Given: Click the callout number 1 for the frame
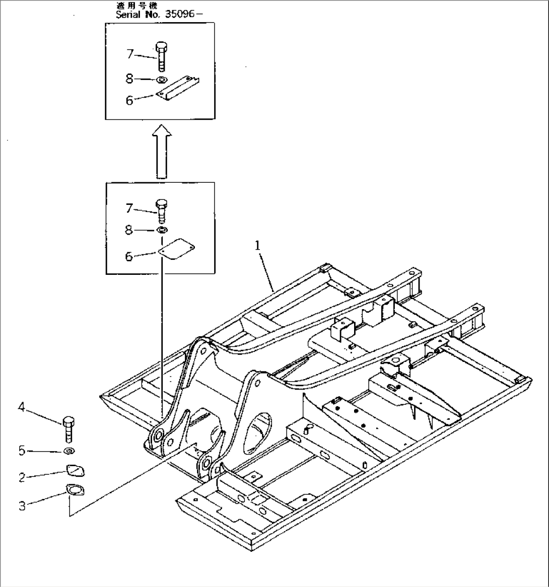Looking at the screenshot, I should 258,246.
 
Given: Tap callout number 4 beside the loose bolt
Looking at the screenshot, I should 22,407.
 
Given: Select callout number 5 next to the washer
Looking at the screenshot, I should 22,451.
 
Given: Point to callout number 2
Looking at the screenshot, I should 22,477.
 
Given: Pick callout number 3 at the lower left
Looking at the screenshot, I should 22,505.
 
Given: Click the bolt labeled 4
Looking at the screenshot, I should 68,428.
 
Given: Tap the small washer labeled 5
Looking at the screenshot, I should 69,451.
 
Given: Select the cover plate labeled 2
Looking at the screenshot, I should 75,471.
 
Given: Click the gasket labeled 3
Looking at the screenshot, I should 75,490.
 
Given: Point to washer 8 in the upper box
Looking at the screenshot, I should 162,80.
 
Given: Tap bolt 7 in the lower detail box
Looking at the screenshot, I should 162,210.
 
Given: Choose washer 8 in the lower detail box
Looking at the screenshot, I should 162,230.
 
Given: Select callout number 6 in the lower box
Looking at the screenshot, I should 129,257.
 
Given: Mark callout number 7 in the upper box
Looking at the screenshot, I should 130,53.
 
